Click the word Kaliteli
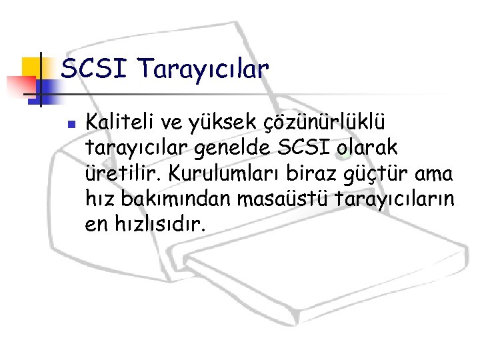[x=120, y=123]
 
